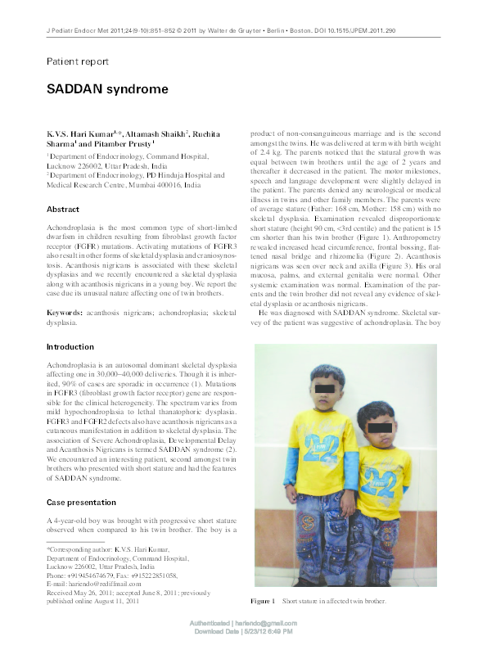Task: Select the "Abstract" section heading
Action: [63, 210]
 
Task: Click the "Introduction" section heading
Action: [70, 347]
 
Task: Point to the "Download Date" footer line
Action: [243, 632]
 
